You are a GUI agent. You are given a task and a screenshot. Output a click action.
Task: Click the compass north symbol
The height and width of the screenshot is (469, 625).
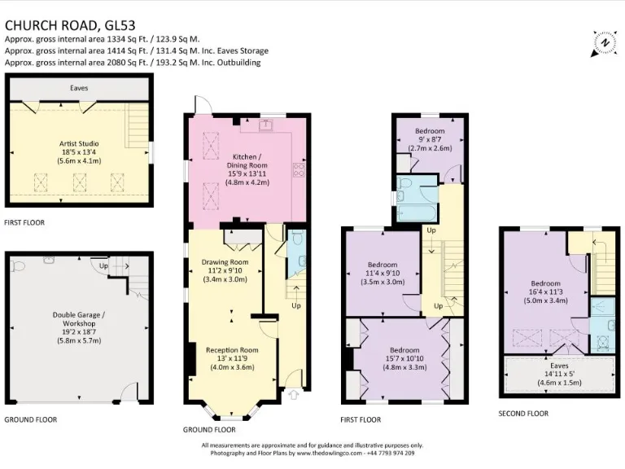coord(603,42)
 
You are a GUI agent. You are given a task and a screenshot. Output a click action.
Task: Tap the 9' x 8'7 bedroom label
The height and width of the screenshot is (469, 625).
coord(429,139)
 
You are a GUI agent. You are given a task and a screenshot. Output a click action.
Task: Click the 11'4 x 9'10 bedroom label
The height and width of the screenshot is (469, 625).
coord(382,274)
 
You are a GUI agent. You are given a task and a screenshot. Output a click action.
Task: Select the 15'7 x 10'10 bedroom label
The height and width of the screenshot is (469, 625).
coord(404,357)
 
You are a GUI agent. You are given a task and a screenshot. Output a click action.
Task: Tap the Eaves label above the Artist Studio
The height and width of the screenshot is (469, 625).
coord(78,87)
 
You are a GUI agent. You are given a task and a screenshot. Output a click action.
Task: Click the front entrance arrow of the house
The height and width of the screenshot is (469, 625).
coord(293,395)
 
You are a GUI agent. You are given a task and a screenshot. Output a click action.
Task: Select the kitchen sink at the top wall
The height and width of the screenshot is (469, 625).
coord(265,125)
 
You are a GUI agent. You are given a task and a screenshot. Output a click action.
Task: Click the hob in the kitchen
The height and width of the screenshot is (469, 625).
coord(299,170)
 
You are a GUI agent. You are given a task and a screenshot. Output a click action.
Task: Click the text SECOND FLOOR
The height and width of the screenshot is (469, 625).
coord(523,414)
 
